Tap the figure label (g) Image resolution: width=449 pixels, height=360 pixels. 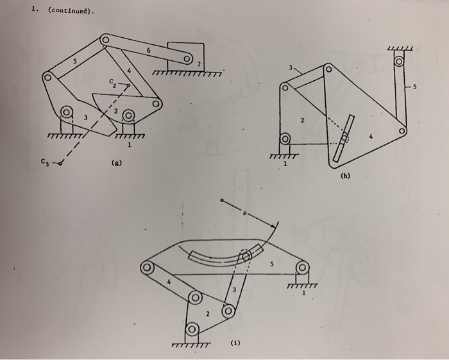[115, 164]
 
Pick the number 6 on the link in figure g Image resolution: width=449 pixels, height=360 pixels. [148, 49]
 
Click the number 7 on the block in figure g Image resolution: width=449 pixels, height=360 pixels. [199, 65]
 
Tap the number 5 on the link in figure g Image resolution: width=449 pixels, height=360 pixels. [74, 61]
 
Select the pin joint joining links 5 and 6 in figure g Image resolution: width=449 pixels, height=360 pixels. [105, 42]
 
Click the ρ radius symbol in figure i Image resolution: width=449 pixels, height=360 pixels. [244, 215]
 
